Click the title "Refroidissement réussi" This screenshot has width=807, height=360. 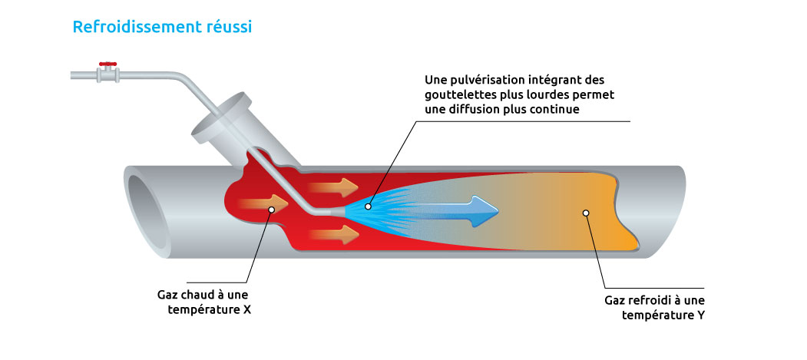point(162,27)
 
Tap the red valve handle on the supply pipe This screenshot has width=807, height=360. point(108,64)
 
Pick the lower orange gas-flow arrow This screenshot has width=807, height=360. point(335,235)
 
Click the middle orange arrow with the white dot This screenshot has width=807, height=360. point(263,205)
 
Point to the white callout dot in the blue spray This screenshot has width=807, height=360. point(368,206)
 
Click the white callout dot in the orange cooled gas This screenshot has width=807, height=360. point(585,213)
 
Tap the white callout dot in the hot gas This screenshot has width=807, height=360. point(271,210)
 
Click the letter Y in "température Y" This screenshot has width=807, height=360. point(700,315)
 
